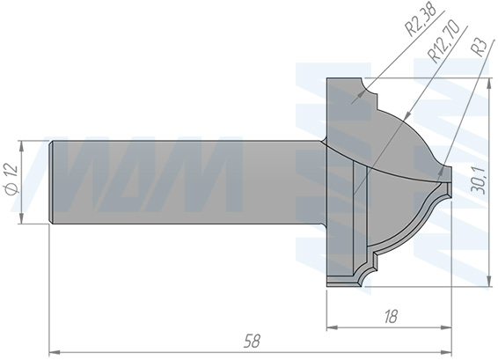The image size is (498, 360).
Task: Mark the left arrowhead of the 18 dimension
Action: [332, 328]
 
